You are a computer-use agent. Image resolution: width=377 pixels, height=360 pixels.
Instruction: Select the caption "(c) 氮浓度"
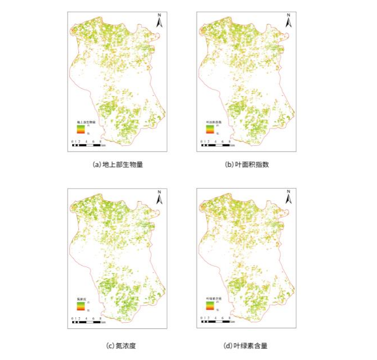point(117,345)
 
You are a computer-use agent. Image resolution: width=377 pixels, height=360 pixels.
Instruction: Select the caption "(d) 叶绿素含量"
point(246,345)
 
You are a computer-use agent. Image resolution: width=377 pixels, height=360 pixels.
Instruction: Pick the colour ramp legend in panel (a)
point(82,129)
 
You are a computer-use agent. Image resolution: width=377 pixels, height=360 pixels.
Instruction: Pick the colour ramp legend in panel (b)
point(210,129)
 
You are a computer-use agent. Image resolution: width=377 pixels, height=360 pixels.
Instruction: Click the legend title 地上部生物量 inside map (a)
point(87,121)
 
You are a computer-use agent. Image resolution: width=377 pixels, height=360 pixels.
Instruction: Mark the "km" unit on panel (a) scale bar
point(104,145)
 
